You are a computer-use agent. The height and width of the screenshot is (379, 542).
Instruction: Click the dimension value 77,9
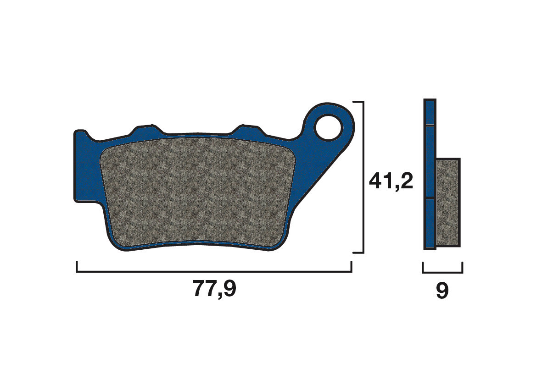214,289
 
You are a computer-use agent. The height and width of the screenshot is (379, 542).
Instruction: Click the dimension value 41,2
391,181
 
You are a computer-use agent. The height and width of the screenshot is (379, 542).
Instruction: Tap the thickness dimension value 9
442,291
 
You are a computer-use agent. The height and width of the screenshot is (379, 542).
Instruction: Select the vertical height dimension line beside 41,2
363,177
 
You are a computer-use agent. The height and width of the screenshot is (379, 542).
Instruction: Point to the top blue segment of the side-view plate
430,113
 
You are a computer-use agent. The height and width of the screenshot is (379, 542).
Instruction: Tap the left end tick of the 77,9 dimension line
77,267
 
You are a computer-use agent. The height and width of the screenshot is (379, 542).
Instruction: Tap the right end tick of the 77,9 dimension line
351,267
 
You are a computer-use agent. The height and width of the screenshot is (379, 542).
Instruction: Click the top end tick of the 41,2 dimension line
358,102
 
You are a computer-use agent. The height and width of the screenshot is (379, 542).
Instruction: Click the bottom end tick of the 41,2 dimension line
358,253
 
